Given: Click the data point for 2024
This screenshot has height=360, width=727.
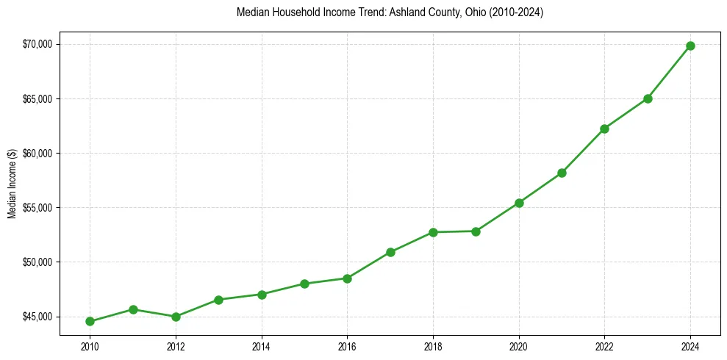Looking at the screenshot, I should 690,46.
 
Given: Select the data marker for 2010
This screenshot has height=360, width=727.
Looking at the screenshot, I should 90,321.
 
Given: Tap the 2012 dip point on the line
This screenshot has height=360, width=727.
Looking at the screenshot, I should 176,317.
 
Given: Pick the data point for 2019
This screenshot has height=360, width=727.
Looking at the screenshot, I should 476,231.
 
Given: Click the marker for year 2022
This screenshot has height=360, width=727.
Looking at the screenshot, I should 604,129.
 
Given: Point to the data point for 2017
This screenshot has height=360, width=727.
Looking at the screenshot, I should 390,252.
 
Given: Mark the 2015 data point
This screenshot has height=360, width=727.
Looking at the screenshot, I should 304,284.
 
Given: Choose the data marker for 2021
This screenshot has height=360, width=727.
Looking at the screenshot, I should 562,173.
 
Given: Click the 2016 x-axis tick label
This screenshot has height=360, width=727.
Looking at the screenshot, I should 347,346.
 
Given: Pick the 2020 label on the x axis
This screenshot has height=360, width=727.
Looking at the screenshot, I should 519,346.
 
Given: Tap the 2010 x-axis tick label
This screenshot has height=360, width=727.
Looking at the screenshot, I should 90,346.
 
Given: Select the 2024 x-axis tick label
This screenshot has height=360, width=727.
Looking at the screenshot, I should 690,346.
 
